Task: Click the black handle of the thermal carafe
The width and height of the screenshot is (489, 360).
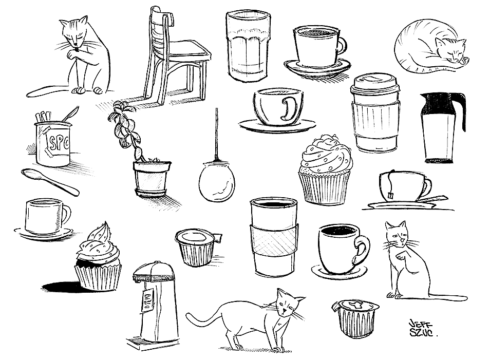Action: point(461,111)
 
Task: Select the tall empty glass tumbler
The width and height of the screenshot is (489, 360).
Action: point(248,46)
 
